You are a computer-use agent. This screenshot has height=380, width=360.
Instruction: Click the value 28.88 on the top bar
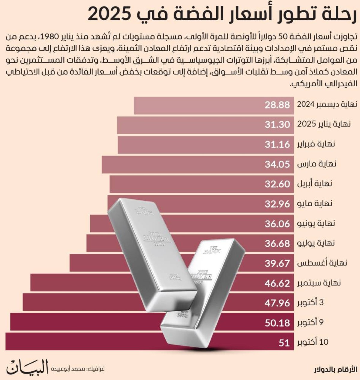(x=277, y=105)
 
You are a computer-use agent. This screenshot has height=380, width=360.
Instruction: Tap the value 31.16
(x=277, y=144)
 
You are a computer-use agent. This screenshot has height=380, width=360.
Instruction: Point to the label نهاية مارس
(x=316, y=164)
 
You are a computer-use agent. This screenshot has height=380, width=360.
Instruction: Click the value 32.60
(x=277, y=184)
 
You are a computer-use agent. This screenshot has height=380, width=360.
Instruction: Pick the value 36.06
(x=277, y=224)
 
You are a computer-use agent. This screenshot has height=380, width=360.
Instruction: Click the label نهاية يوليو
(x=316, y=243)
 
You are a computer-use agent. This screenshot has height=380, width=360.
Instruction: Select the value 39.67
(x=277, y=263)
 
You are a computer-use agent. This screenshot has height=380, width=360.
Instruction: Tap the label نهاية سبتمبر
(x=319, y=283)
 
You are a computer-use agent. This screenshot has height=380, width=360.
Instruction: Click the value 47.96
(x=277, y=303)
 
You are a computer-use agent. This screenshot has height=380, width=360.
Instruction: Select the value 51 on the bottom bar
(x=284, y=343)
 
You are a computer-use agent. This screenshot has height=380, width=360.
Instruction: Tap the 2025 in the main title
(x=109, y=14)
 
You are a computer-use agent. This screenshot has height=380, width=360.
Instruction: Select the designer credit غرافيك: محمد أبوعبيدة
(x=77, y=369)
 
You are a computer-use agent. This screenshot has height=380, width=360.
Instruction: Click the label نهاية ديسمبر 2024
(x=327, y=104)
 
